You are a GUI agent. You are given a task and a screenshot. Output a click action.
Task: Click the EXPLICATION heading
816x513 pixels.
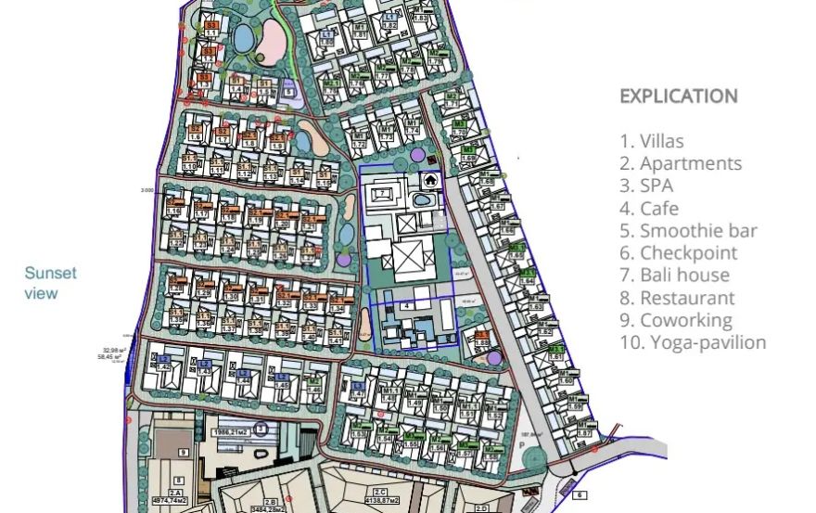tap(678, 96)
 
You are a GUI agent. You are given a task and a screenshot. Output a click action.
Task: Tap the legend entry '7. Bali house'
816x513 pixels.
tap(674, 275)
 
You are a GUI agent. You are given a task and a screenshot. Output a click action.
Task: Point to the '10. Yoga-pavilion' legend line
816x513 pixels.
tap(693, 342)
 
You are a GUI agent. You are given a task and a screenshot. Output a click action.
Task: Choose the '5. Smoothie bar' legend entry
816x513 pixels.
tap(688, 230)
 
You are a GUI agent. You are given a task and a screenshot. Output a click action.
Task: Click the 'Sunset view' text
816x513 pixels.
tap(50, 283)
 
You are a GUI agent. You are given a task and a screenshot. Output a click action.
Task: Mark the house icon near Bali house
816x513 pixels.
tap(432, 179)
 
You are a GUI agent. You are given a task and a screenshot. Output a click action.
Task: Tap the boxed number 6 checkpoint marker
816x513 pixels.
tap(579, 495)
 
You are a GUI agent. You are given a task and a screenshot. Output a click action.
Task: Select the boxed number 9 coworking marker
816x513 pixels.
tap(184, 452)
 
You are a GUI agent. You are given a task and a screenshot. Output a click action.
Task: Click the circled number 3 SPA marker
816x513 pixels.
tap(262, 429)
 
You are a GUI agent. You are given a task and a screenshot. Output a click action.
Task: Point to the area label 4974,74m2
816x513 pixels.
tap(175, 498)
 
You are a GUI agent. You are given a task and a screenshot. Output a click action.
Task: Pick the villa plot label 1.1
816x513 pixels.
tap(211, 32)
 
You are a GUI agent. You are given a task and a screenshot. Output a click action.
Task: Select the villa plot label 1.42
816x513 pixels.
tap(164, 367)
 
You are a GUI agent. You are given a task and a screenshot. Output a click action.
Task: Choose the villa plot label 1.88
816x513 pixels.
tap(481, 343)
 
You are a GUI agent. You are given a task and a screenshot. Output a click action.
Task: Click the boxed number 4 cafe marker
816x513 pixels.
tap(407, 304)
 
